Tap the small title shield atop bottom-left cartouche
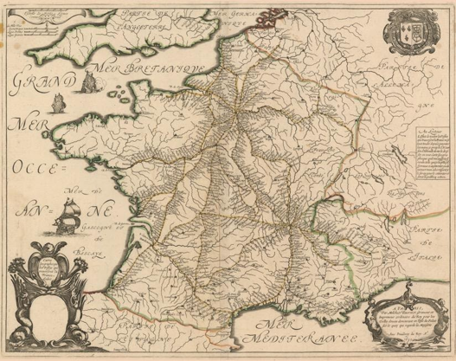[x=42, y=259]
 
